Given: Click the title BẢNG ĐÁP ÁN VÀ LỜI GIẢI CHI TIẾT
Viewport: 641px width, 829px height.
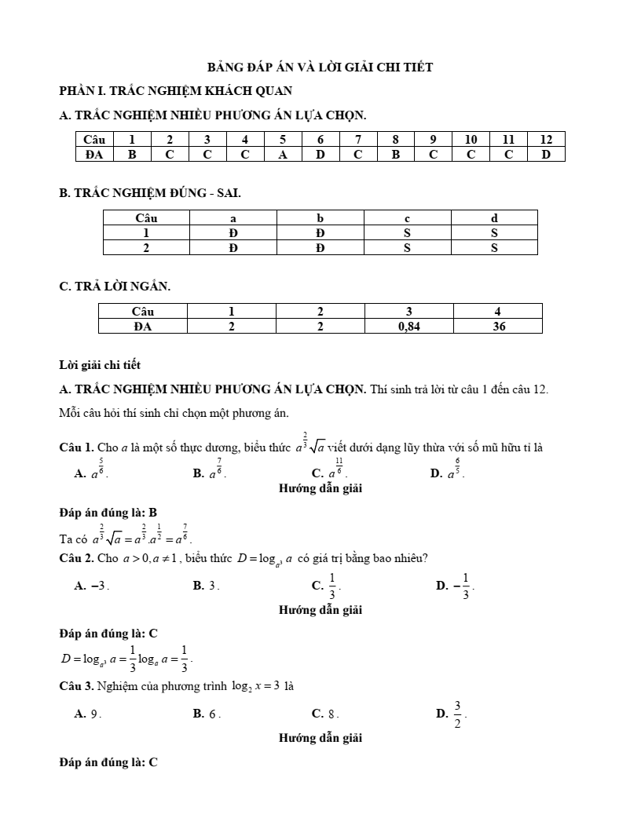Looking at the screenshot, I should click(x=320, y=68).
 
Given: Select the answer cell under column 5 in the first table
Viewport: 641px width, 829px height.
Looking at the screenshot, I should click(x=283, y=155).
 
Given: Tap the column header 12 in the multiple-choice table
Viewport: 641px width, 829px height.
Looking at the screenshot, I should click(x=547, y=140).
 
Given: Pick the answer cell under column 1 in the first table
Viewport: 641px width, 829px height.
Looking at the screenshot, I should click(x=132, y=155).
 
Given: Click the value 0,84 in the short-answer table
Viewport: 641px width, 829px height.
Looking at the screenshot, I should click(x=409, y=327).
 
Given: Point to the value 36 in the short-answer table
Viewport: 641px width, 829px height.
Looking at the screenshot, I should click(x=499, y=327).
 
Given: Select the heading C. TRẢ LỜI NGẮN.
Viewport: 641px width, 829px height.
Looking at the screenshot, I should click(x=115, y=287).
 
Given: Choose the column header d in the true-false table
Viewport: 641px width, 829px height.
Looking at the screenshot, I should click(x=494, y=217).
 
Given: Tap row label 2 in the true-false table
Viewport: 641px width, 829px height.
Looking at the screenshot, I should click(x=146, y=248).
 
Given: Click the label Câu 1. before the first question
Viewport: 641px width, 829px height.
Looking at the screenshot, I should click(x=77, y=448).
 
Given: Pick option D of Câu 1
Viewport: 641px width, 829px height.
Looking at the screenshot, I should click(x=447, y=472).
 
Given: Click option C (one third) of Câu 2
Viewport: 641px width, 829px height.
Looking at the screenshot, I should click(x=327, y=585).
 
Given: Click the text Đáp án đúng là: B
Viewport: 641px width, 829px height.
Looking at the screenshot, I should click(x=108, y=513).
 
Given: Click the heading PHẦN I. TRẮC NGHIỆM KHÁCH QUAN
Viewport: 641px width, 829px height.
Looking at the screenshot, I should click(x=176, y=91).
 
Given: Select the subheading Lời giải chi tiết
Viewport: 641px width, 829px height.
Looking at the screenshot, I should click(x=100, y=365).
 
